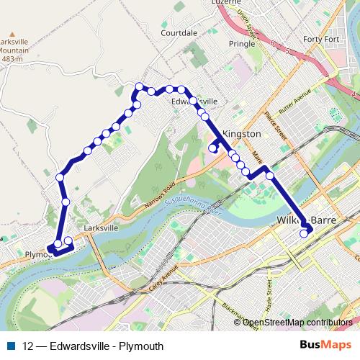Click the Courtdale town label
pyautogui.click(x=179, y=33)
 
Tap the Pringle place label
pyautogui.click(x=241, y=43)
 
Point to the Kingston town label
pyautogui.click(x=241, y=134)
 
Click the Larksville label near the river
pyautogui.click(x=100, y=228)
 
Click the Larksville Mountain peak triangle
pyautogui.click(x=12, y=33)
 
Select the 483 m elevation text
pyautogui.click(x=12, y=59)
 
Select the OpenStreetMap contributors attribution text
pyautogui.click(x=297, y=323)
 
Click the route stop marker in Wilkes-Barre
pyautogui.click(x=305, y=233)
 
